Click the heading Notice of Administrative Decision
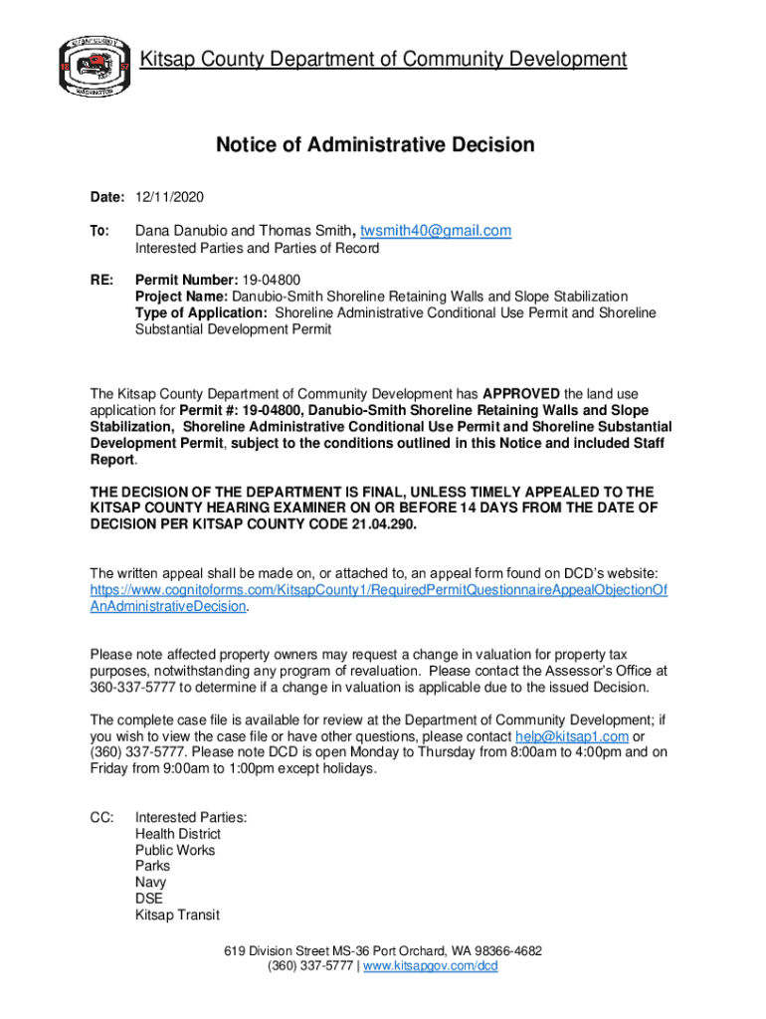coord(375,145)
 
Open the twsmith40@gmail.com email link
coord(436,231)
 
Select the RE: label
coord(101,281)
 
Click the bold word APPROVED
coord(522,393)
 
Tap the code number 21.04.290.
coord(378,524)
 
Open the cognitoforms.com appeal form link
coord(378,598)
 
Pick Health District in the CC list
coord(178,834)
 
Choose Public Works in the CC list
coord(175,850)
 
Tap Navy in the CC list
coord(151,883)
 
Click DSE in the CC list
coord(149,899)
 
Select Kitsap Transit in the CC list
coord(177,915)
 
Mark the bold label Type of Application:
coord(201,312)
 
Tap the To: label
coord(99,231)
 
